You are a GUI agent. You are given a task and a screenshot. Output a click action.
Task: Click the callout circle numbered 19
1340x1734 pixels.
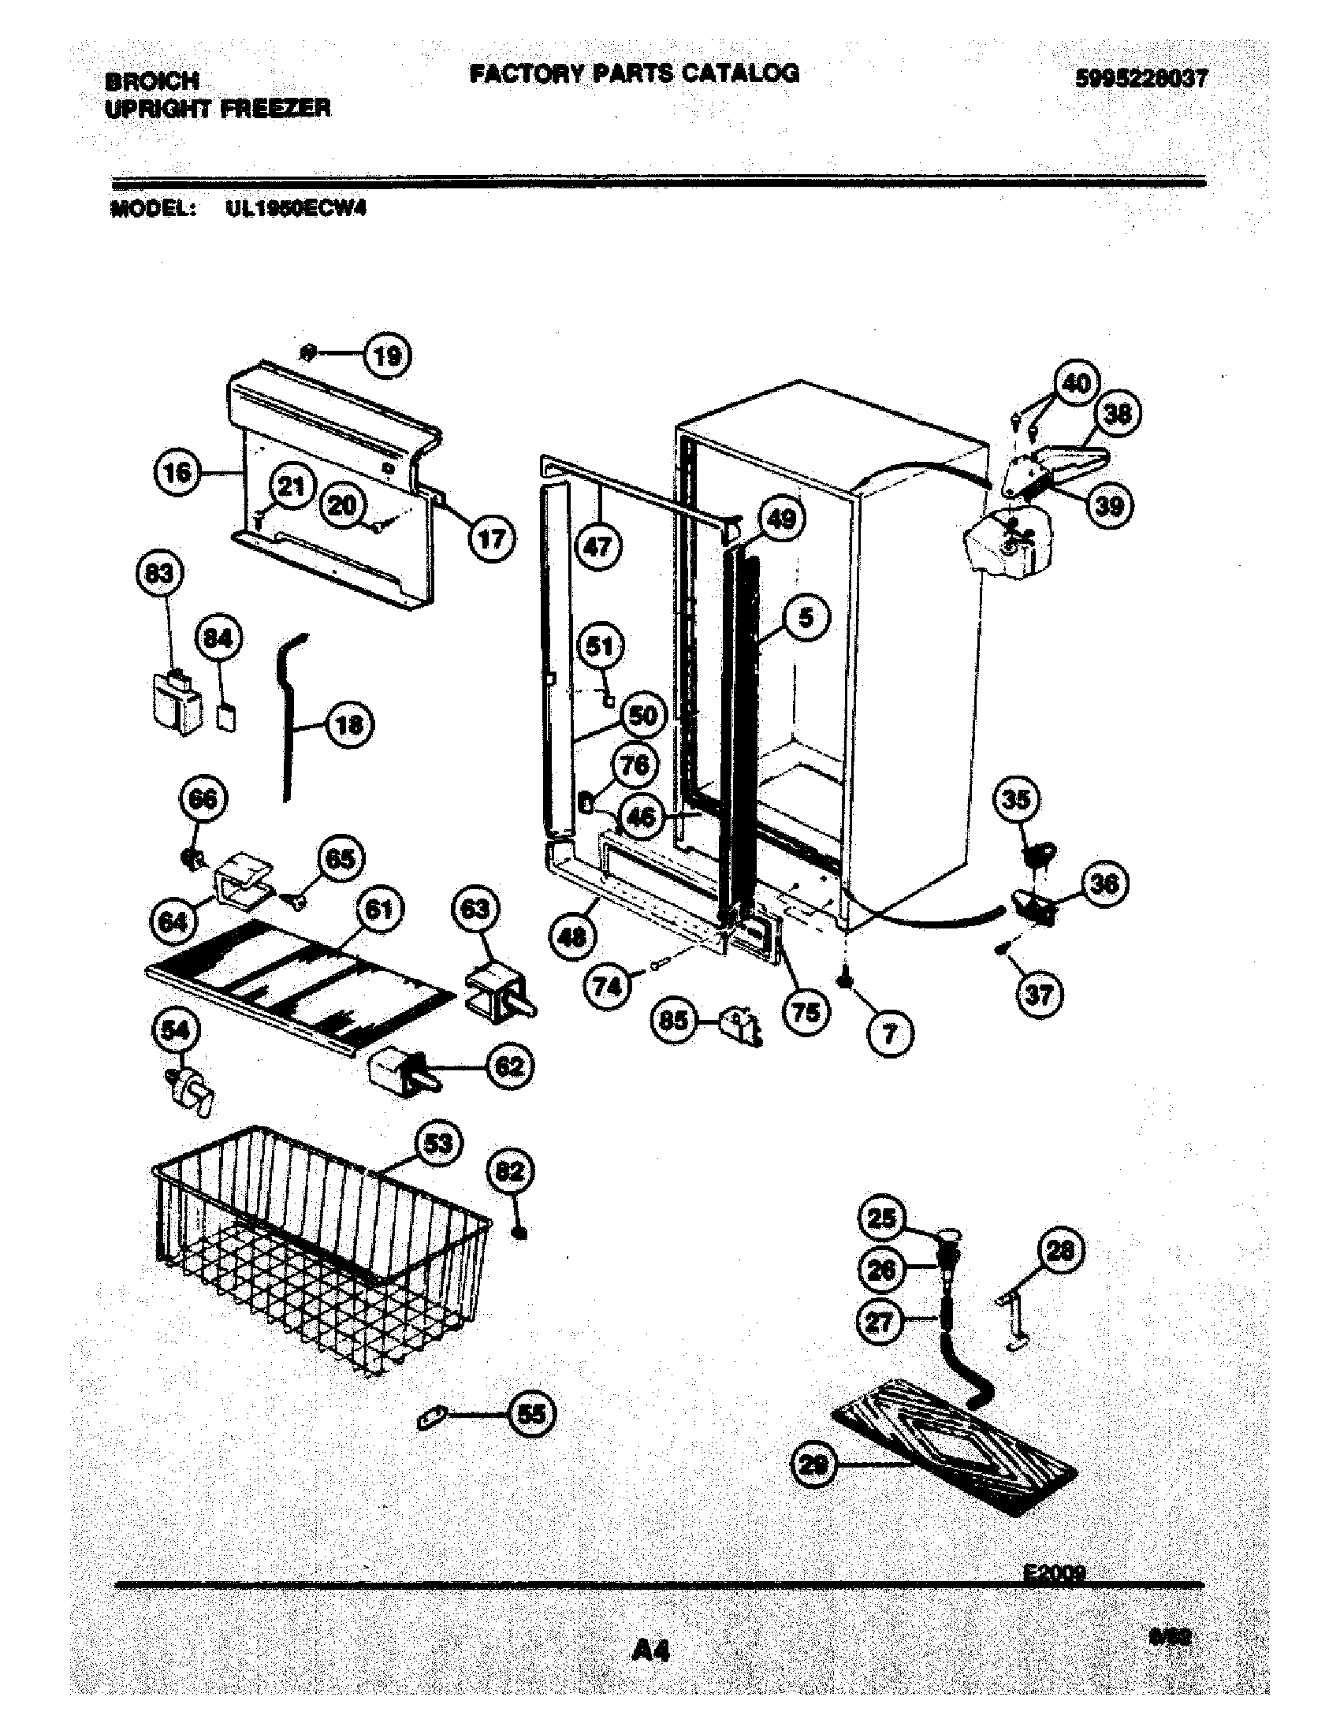[387, 355]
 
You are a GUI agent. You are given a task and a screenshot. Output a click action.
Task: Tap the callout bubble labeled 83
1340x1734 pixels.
[159, 573]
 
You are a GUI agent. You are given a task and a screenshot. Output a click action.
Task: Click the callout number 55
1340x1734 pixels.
[531, 1413]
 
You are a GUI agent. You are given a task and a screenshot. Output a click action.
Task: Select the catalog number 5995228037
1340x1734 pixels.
[1141, 78]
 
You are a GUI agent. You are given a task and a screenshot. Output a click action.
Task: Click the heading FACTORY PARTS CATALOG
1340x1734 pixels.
[634, 73]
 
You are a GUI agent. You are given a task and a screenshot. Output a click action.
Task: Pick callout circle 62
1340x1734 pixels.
[509, 1066]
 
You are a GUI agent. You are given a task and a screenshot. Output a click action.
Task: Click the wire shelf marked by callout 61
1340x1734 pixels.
[302, 989]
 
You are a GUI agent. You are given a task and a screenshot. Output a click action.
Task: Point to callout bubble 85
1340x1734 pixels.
[674, 1019]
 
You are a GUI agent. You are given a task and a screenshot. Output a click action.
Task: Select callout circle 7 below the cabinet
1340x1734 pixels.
[889, 1033]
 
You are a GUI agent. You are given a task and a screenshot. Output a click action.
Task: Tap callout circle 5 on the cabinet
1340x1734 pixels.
[806, 617]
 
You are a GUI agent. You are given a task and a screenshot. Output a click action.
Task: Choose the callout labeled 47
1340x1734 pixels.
[597, 546]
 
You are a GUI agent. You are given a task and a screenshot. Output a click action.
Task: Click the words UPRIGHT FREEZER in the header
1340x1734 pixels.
[218, 108]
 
